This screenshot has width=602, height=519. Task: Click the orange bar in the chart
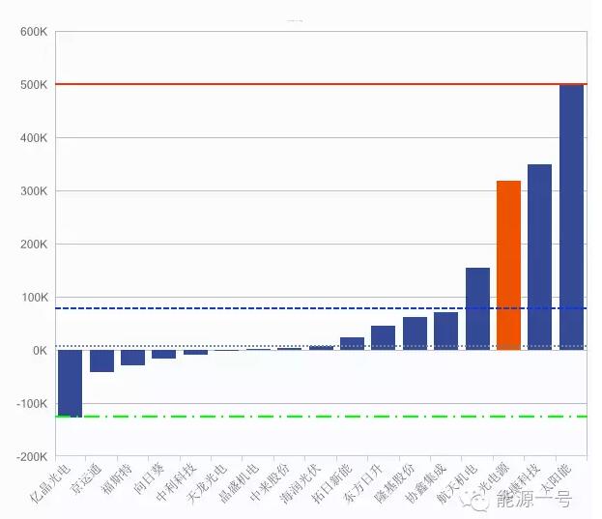[508, 266]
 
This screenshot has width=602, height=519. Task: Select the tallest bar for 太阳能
[571, 217]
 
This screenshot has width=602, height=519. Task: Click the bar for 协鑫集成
[445, 332]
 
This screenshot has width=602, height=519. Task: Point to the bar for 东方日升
[383, 338]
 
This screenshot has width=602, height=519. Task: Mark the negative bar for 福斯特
[132, 358]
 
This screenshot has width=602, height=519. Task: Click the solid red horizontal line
[290, 84]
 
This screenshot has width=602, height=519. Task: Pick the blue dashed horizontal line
[242, 308]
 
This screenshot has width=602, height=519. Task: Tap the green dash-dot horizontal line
[290, 417]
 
